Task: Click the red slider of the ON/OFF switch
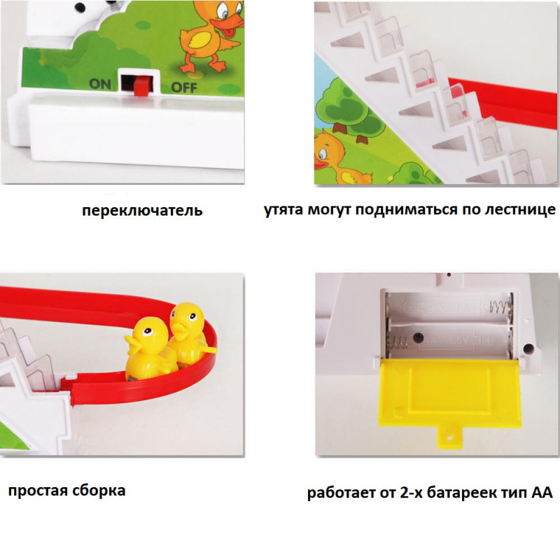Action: click(x=141, y=86)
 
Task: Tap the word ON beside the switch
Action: click(x=100, y=84)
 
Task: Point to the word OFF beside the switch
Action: click(x=184, y=87)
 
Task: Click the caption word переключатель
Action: click(x=142, y=211)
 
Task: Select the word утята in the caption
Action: click(x=283, y=209)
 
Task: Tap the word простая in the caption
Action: click(x=38, y=491)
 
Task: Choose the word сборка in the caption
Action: click(x=99, y=490)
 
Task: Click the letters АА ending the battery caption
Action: click(x=542, y=493)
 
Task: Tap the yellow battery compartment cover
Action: click(x=449, y=400)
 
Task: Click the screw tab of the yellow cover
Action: click(x=449, y=438)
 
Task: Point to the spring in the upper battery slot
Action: click(x=498, y=306)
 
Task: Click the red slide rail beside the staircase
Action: click(x=503, y=101)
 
